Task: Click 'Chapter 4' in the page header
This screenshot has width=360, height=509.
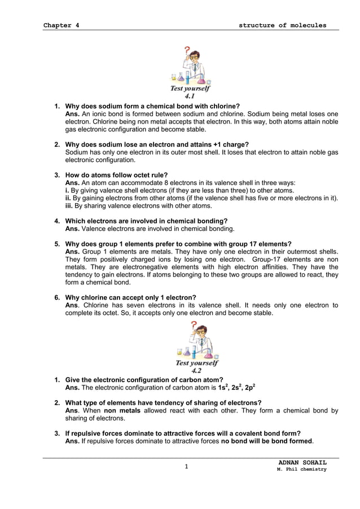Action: pos(61,25)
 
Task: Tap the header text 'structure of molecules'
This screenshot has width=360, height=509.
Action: pos(282,25)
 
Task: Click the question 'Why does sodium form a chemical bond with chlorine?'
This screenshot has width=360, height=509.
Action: pos(152,106)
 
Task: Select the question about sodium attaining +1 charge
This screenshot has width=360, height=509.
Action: pos(157,144)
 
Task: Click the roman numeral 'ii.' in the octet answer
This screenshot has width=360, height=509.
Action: pos(69,198)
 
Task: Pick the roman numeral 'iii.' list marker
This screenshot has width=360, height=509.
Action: pos(69,206)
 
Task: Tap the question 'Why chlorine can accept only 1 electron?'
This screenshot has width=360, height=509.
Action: pos(131,297)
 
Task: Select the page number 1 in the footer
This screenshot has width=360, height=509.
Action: pos(186,467)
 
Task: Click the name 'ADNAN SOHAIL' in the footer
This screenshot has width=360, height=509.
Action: pos(302,463)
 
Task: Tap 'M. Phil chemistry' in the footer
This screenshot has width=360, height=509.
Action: pos(301,469)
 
